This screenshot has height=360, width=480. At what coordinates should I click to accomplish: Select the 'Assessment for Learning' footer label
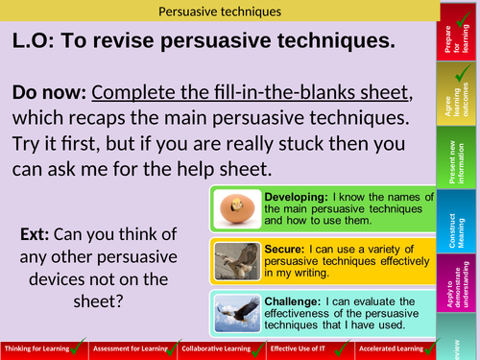click(130, 348)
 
